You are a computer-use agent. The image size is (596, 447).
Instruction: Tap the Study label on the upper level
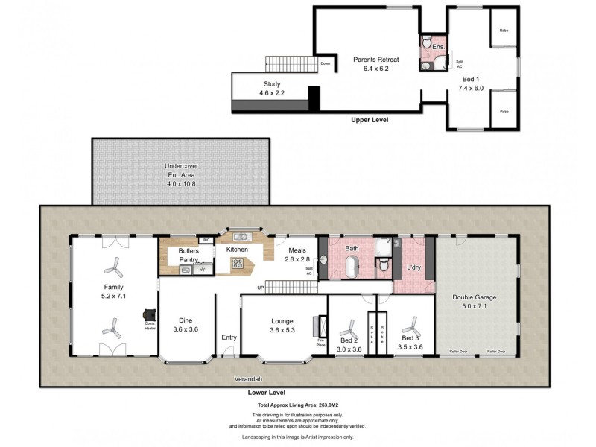pos(271,84)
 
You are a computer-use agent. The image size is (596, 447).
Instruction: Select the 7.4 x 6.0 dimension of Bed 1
pos(470,88)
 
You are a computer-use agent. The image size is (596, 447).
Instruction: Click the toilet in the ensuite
pos(427,42)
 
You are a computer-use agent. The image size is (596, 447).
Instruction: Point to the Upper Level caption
pos(370,119)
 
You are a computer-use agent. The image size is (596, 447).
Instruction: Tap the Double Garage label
pos(475,297)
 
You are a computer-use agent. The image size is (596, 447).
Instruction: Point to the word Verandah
pos(240,379)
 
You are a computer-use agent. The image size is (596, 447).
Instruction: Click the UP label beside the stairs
pos(261,288)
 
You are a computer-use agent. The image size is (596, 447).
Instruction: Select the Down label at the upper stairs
pos(325,63)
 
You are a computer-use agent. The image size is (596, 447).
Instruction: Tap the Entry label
pos(229,337)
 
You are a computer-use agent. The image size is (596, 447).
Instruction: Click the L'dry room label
pos(414,267)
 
